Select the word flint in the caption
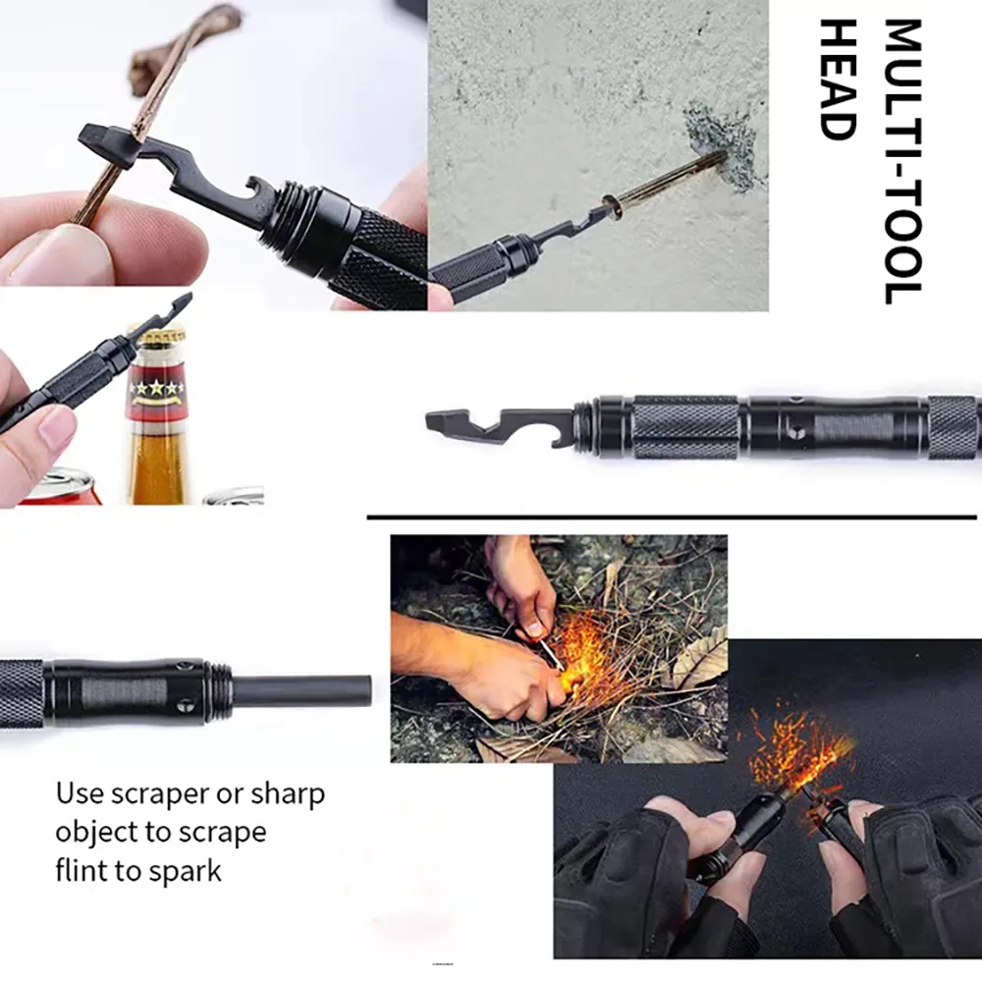tap(82, 870)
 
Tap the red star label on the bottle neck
tap(157, 389)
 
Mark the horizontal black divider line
tap(673, 516)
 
